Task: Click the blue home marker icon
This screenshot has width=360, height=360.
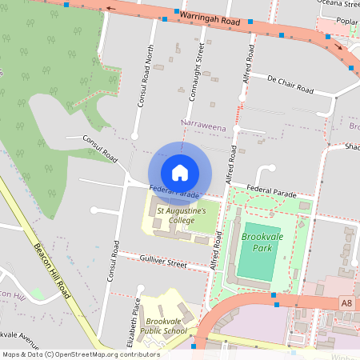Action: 180,172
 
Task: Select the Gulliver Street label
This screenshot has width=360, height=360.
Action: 162,262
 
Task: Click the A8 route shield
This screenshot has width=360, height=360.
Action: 346,303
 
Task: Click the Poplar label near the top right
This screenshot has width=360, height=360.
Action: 347,21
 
